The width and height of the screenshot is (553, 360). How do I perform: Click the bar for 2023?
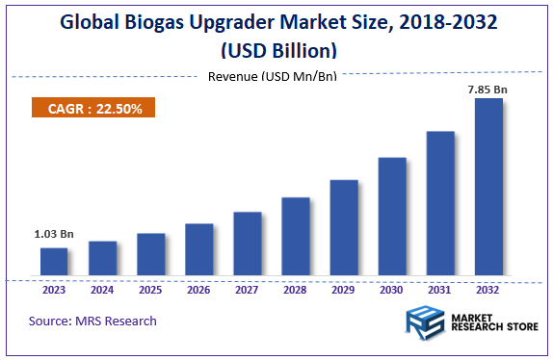tap(54, 262)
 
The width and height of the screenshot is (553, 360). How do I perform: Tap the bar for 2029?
tap(344, 228)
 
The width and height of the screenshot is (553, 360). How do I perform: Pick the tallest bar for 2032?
tap(488, 188)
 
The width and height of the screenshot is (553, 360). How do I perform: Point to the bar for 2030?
tap(392, 217)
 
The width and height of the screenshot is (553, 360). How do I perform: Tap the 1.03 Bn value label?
tap(54, 235)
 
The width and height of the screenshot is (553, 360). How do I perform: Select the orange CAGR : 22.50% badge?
tap(94, 109)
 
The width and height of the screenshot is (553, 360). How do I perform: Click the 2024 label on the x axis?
tap(102, 288)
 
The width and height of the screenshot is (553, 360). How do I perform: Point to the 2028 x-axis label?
tap(296, 288)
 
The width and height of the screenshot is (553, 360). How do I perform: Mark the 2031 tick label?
tap(440, 288)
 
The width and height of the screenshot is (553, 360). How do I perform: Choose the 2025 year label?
tap(150, 288)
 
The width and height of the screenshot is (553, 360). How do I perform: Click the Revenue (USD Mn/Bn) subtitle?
tap(273, 76)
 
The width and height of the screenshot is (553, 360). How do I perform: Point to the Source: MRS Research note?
tap(92, 321)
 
